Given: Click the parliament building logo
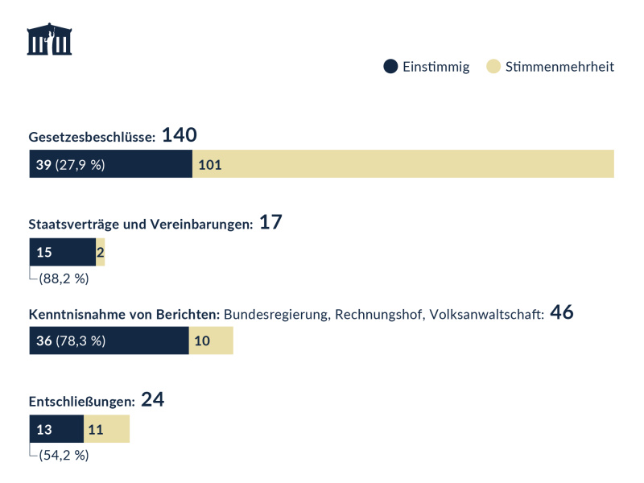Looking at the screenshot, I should point(49,39).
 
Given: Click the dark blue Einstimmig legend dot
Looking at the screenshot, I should point(390,67).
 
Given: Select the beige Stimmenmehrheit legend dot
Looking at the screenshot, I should point(493,67).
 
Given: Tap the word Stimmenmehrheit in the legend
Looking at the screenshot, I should point(559,67).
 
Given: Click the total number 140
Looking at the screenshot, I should point(180,135).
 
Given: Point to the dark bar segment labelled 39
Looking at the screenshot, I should point(111,164).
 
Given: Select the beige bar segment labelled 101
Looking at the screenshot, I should point(402,164).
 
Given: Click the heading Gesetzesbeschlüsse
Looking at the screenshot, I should point(92,138).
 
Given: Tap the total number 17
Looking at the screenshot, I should point(270,223).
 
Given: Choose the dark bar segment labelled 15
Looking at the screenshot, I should point(63,252).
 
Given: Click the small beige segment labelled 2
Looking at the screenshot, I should point(101,252).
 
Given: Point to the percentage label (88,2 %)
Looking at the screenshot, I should point(64,279).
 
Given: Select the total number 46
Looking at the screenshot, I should point(561,312).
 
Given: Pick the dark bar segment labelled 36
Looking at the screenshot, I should point(109,341).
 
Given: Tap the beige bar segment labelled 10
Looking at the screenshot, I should point(211,341).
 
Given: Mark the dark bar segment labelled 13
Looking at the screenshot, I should point(56,429).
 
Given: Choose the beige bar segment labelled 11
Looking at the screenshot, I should point(106,429).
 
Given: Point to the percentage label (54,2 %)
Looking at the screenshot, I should point(64,456).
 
